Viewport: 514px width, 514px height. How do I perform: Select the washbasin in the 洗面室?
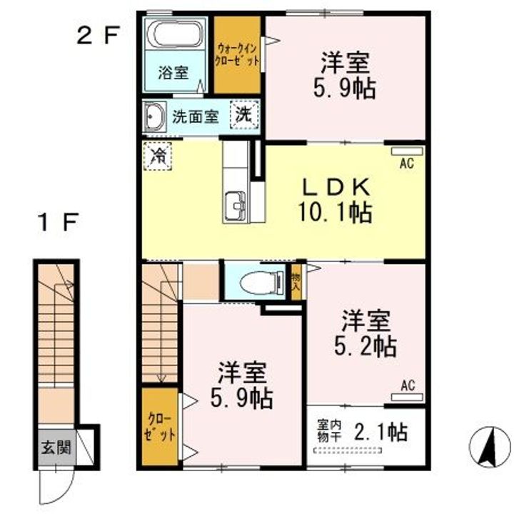[x=154, y=117]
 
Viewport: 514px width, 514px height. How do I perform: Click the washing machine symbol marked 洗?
[x=244, y=114]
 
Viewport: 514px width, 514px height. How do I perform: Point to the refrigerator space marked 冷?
[x=157, y=156]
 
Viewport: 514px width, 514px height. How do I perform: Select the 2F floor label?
[x=97, y=36]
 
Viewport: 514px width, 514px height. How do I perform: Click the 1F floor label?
[x=58, y=222]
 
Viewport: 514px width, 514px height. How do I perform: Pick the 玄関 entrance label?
[x=56, y=448]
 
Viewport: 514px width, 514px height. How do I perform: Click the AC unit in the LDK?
[x=407, y=151]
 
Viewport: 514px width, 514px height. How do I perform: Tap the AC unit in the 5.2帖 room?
[x=407, y=398]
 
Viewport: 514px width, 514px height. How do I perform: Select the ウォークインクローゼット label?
[x=237, y=55]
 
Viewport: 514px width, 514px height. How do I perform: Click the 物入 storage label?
[x=296, y=282]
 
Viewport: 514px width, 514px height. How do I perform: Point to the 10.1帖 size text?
[x=335, y=213]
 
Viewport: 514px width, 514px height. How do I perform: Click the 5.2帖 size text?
[x=366, y=346]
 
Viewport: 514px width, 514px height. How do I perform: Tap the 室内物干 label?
[x=329, y=432]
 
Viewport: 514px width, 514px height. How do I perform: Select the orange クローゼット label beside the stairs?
[x=160, y=427]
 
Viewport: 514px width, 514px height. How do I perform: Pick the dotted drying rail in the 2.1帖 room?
[x=348, y=450]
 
